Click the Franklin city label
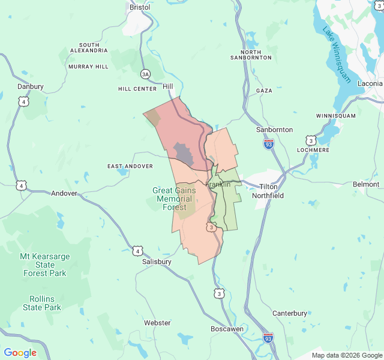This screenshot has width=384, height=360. coord(218,184)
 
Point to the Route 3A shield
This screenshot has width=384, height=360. coord(145,74)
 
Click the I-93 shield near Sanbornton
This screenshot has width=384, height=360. coord(268,144)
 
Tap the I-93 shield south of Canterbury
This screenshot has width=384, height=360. coord(268,338)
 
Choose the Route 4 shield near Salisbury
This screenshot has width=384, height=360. coord(137,250)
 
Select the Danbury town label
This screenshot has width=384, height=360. coord(31,86)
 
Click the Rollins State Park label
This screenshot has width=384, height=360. coord(42,303)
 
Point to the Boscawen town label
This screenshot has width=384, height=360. coord(227,329)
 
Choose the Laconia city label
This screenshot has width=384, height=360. coord(370,83)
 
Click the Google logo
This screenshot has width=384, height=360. coord(20,353)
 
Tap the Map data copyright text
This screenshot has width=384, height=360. coord(346,355)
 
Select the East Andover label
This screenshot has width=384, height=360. coord(130,166)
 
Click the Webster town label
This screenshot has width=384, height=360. coord(157,323)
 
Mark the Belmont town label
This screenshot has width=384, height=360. coord(366,184)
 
